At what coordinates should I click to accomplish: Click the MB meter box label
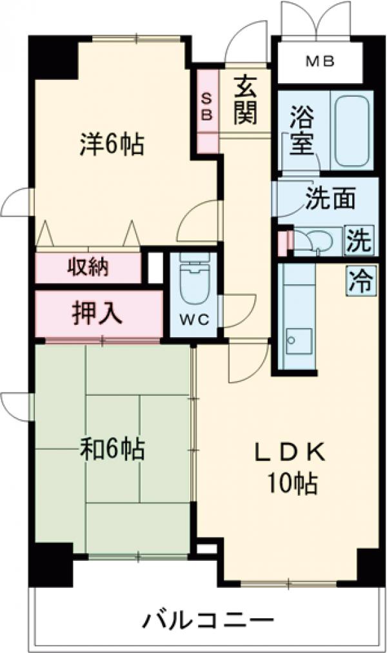coord(321,62)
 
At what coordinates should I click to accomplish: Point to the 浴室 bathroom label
coord(301,132)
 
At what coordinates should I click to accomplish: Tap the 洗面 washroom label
coord(330,200)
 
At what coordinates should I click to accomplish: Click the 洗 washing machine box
coord(359,240)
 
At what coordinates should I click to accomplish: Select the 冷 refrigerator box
coord(361,281)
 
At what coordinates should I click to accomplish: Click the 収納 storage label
coord(88,266)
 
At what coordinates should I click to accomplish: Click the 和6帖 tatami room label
coord(112,447)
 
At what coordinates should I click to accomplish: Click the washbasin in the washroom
coord(319,239)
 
